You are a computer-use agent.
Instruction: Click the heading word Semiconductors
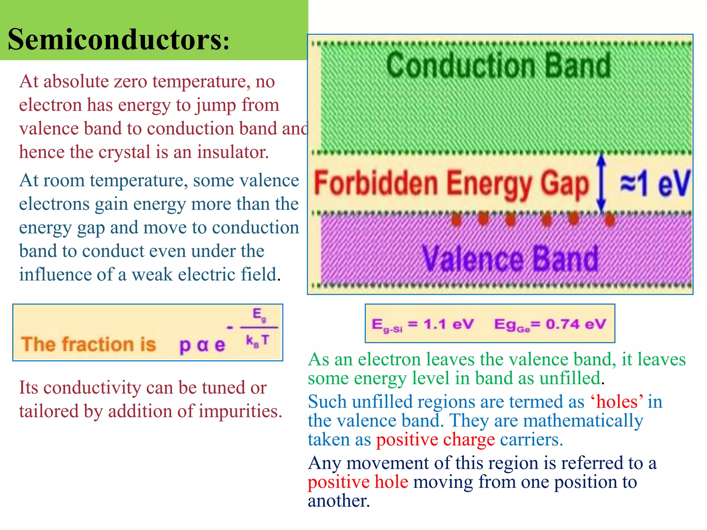click(117, 40)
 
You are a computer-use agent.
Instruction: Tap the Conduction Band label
click(498, 66)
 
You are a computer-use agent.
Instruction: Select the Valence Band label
click(510, 259)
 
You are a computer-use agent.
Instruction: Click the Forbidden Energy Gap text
click(451, 184)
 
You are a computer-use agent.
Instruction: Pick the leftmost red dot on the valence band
click(456, 220)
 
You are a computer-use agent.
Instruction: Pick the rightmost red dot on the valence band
click(610, 220)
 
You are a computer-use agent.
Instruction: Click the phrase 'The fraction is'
click(89, 344)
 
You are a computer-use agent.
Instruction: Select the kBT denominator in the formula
click(257, 341)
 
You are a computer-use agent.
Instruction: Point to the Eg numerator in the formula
click(259, 314)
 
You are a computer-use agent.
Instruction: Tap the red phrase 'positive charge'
click(435, 440)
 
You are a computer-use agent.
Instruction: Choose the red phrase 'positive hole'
click(358, 482)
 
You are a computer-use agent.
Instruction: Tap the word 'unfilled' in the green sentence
click(570, 379)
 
